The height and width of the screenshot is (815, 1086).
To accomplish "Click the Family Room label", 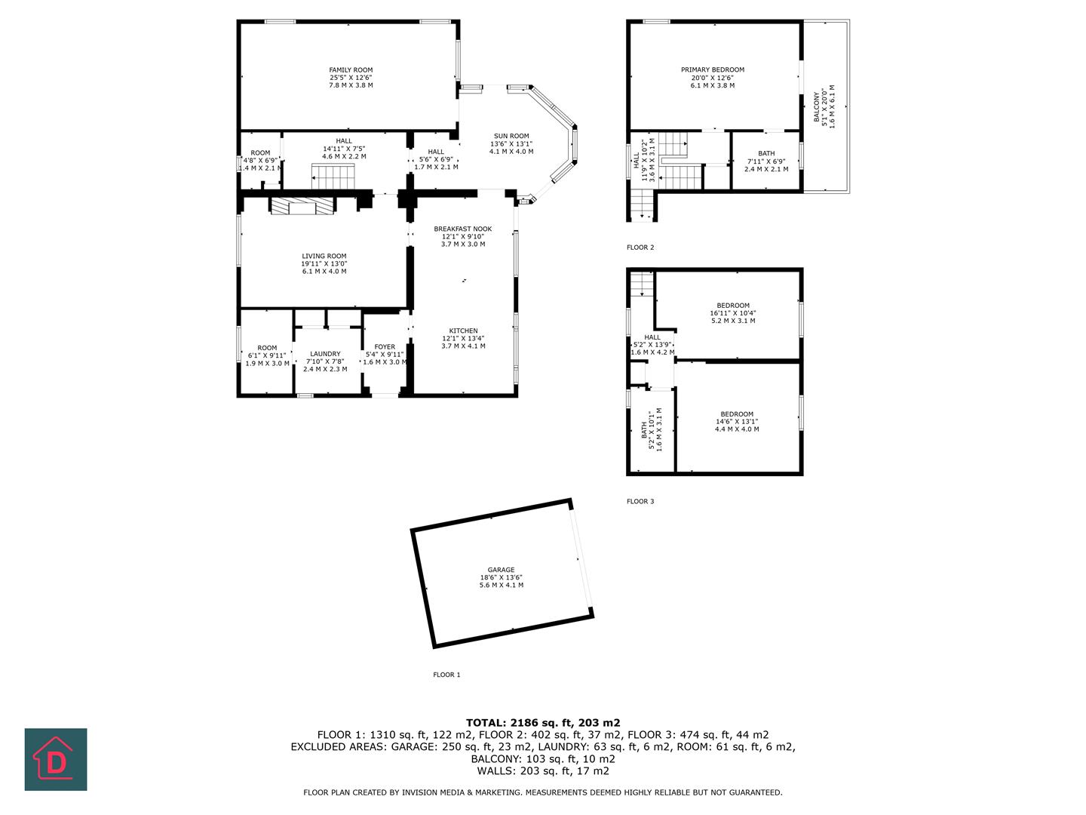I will click(351, 70).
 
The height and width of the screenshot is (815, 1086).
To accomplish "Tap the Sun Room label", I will click(511, 137).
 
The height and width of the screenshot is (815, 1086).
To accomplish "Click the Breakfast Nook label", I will click(462, 229).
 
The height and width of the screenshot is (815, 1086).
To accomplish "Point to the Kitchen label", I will click(463, 331).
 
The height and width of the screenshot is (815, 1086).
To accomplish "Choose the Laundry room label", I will click(325, 354).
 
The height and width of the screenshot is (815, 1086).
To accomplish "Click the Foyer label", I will click(385, 347).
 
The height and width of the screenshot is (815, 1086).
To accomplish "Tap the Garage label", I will click(501, 570).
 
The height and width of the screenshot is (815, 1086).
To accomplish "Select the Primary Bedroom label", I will click(713, 70).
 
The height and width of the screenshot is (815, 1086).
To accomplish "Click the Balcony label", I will click(816, 107).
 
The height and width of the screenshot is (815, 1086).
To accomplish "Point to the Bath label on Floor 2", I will click(766, 153).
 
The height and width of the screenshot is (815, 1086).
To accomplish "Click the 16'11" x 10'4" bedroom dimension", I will click(733, 313).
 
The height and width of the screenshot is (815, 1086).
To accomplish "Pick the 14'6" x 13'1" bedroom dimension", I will click(737, 422).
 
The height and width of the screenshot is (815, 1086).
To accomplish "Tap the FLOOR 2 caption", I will click(640, 248).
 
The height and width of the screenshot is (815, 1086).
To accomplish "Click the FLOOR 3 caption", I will click(640, 501).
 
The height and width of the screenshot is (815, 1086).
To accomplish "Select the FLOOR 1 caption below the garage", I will click(446, 675).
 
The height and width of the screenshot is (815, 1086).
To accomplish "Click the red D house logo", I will click(56, 759).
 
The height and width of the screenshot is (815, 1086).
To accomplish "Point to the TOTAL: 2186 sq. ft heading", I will click(543, 722).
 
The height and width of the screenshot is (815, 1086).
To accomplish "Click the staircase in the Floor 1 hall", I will click(333, 178).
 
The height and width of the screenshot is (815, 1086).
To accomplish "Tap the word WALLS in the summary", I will click(495, 771).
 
